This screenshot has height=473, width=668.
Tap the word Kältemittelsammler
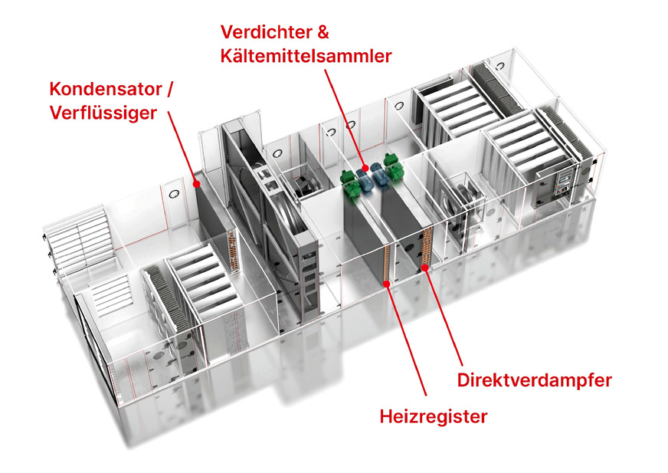(306, 56)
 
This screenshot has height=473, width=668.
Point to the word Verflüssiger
(103, 113)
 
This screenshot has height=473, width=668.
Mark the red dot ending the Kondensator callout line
(197, 183)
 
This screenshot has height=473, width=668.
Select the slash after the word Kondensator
(169, 88)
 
